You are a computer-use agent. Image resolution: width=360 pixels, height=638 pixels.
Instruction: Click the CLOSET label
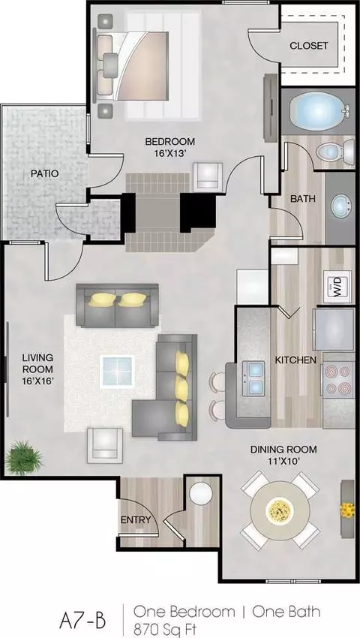click(309, 46)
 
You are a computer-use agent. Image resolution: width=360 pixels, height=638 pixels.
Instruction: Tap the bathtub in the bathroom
click(318, 111)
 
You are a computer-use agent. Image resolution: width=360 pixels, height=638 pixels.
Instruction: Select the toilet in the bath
click(335, 152)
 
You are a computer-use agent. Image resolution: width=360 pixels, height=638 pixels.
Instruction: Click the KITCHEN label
click(295, 360)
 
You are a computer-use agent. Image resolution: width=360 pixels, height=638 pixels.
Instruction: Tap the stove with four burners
click(337, 380)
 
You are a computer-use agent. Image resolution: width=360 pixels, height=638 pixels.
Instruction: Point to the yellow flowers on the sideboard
click(347, 510)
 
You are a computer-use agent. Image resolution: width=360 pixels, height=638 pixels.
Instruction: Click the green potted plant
click(24, 458)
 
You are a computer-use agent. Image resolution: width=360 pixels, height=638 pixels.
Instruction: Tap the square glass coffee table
click(117, 372)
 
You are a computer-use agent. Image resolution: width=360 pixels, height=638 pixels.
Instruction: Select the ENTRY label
click(136, 519)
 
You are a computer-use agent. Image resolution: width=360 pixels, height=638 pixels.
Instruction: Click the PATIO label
click(45, 173)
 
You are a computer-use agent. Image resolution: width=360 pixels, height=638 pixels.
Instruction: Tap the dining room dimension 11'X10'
click(283, 461)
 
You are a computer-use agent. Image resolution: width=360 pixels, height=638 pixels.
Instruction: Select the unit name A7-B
click(82, 621)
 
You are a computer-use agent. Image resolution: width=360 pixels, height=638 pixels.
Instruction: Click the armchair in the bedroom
click(208, 176)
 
